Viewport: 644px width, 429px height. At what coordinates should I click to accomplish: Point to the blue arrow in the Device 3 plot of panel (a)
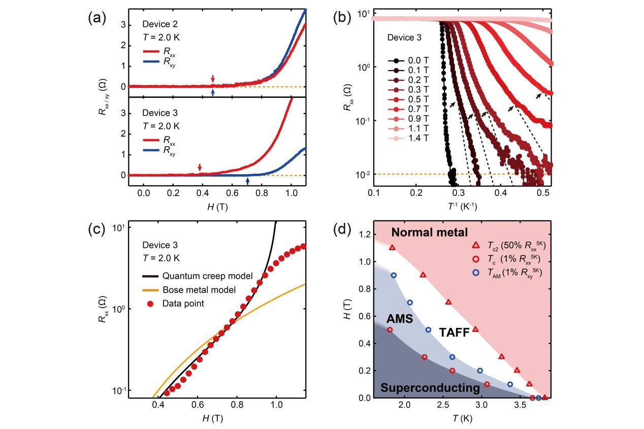247,181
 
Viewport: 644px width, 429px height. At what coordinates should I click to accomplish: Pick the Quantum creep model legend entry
208,276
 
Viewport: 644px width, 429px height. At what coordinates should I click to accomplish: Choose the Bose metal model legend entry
199,290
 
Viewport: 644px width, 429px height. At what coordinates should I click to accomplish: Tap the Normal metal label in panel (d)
429,233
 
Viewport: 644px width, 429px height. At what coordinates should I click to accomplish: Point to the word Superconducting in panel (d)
430,388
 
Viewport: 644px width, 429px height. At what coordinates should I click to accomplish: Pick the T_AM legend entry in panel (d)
508,273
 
